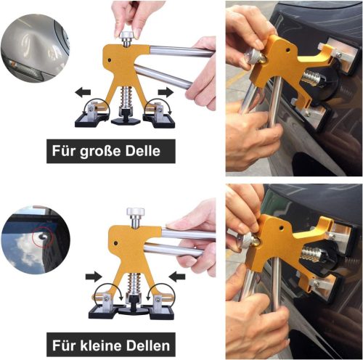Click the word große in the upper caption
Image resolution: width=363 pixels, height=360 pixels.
(x=100, y=152)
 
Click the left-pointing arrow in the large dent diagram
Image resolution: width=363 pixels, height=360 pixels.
(x=83, y=92)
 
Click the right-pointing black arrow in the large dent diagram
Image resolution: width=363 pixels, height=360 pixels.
(x=166, y=92)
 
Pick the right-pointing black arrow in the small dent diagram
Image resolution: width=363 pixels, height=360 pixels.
(x=94, y=277)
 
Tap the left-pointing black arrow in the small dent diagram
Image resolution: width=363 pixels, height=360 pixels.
(x=177, y=277)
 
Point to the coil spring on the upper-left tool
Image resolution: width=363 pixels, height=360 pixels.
(x=126, y=97)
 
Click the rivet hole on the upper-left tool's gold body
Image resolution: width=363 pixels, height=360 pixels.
(x=110, y=60)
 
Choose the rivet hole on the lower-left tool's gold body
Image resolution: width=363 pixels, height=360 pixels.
(x=116, y=243)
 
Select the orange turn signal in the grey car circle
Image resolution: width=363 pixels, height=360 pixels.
(x=12, y=64)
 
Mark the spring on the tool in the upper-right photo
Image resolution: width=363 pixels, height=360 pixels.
(x=311, y=78)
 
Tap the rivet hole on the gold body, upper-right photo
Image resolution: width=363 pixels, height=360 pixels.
(x=287, y=50)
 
